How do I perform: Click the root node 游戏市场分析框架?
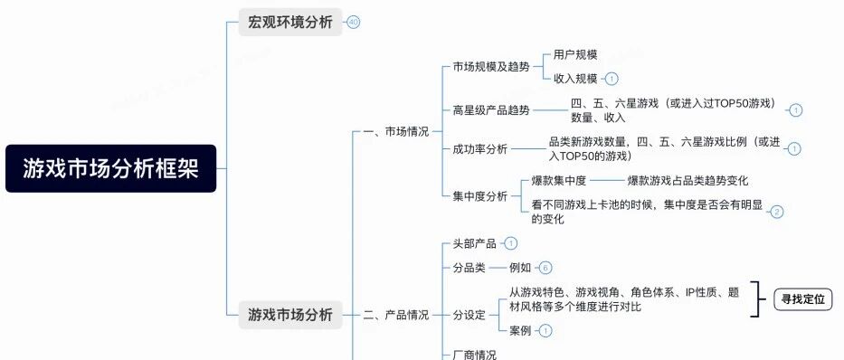(111, 168)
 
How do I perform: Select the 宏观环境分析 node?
(290, 22)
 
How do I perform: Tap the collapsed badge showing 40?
(353, 22)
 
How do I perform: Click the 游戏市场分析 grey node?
(290, 315)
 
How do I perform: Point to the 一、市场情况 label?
(396, 131)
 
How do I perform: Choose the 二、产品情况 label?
(396, 315)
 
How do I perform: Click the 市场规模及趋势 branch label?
(491, 67)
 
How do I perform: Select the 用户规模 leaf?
(575, 55)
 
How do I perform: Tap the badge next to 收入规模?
(612, 79)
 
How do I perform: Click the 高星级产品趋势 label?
(491, 110)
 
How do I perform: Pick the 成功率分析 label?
(480, 149)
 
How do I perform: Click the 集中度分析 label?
(480, 196)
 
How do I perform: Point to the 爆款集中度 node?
(559, 181)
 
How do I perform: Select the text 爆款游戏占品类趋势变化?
(688, 181)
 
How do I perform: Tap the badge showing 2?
(777, 212)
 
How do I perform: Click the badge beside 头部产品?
(510, 243)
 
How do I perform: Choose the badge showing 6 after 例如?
(545, 268)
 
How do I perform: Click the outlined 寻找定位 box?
(803, 299)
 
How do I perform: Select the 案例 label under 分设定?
(520, 330)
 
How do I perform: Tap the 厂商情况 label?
(475, 355)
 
